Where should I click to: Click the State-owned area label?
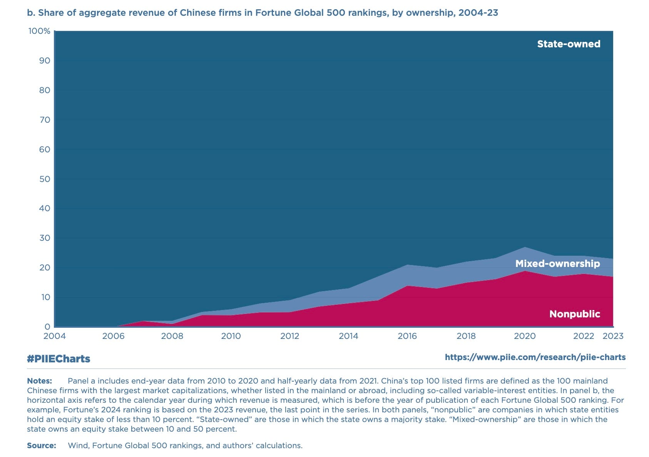click(569, 44)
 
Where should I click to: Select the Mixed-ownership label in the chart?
click(557, 264)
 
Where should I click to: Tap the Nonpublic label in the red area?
click(574, 314)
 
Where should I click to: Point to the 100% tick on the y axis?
click(39, 31)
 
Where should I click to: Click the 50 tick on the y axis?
click(45, 179)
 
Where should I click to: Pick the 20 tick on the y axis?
click(45, 267)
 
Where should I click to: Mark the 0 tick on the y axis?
click(47, 327)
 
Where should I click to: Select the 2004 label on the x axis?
click(55, 336)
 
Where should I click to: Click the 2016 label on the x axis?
click(407, 336)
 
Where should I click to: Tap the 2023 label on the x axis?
click(613, 336)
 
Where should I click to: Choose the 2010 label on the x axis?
click(231, 336)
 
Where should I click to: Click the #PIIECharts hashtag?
click(59, 359)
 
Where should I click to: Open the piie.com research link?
click(535, 357)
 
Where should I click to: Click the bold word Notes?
click(39, 381)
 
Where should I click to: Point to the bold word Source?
click(42, 445)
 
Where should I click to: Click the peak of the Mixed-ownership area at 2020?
click(525, 248)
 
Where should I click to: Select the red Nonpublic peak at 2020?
click(525, 271)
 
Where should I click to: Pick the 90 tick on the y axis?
click(45, 60)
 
